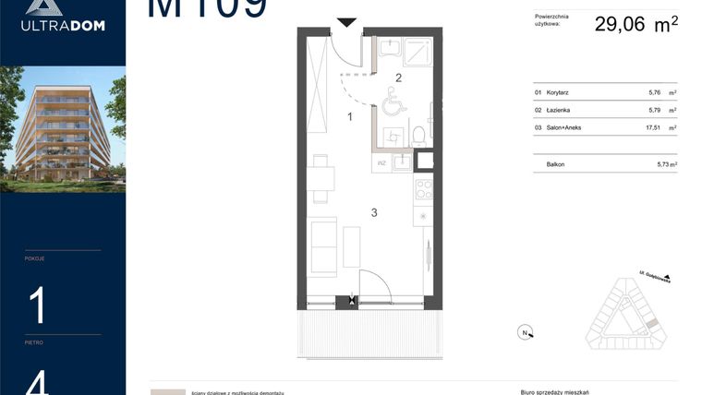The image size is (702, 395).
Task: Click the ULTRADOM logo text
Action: tap(63, 25)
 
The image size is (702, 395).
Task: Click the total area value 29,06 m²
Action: tap(635, 25)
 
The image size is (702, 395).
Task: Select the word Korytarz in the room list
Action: tap(559, 93)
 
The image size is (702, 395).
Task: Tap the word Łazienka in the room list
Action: tap(559, 110)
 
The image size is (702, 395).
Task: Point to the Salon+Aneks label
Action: tap(563, 126)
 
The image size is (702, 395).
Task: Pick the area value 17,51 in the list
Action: tap(654, 126)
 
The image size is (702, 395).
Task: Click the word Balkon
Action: tap(556, 164)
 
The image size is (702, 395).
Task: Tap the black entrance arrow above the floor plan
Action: tap(346, 23)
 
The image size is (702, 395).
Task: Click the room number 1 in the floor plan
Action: tap(350, 116)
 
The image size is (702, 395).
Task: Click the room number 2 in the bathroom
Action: tap(399, 78)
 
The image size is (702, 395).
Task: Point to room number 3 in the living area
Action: tap(374, 213)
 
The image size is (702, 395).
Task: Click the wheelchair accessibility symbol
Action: tap(391, 101)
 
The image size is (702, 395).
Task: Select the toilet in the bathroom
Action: tap(418, 135)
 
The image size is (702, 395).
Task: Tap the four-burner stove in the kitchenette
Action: tap(424, 189)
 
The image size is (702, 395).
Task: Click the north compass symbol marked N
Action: tap(525, 332)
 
